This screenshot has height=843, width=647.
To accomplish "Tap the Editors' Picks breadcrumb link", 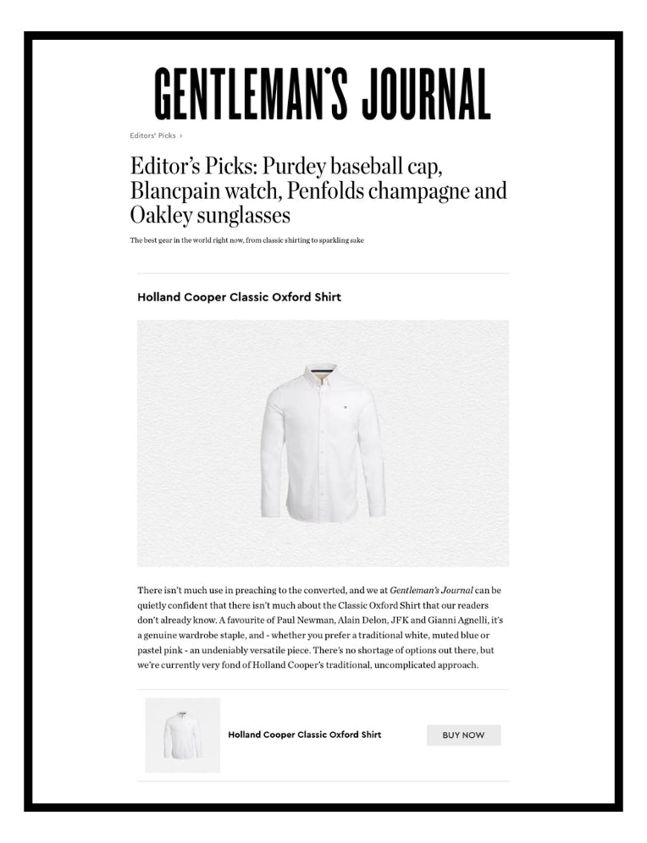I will point(152,135).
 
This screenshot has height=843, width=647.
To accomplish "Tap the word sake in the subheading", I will point(355,240).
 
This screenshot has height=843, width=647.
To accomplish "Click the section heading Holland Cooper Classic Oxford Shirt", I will point(239,297).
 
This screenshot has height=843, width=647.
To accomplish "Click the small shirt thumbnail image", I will point(183,735).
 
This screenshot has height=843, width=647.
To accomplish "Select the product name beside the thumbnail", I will point(304,735).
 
